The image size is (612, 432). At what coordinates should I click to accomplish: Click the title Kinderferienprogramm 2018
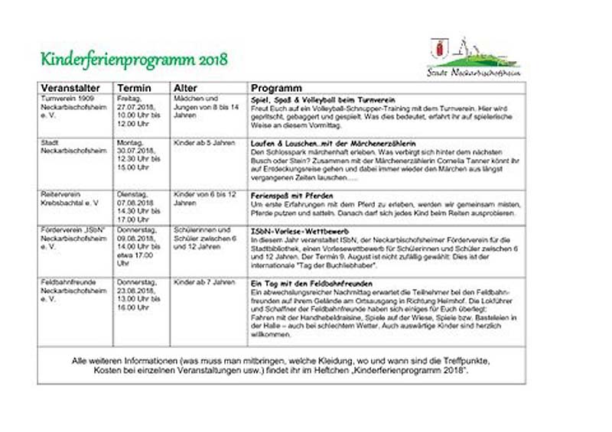(x=134, y=60)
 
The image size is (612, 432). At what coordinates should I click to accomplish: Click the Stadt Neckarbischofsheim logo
(x=473, y=57)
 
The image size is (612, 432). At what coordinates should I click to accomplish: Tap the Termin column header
(x=135, y=88)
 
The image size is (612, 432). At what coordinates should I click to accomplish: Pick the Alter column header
(x=186, y=88)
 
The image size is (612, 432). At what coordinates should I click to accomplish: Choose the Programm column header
(x=276, y=88)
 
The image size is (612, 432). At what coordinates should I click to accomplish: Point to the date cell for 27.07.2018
(x=138, y=111)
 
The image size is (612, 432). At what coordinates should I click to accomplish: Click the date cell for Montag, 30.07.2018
(x=138, y=154)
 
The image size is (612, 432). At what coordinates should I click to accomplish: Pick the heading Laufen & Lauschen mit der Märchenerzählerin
(x=334, y=143)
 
